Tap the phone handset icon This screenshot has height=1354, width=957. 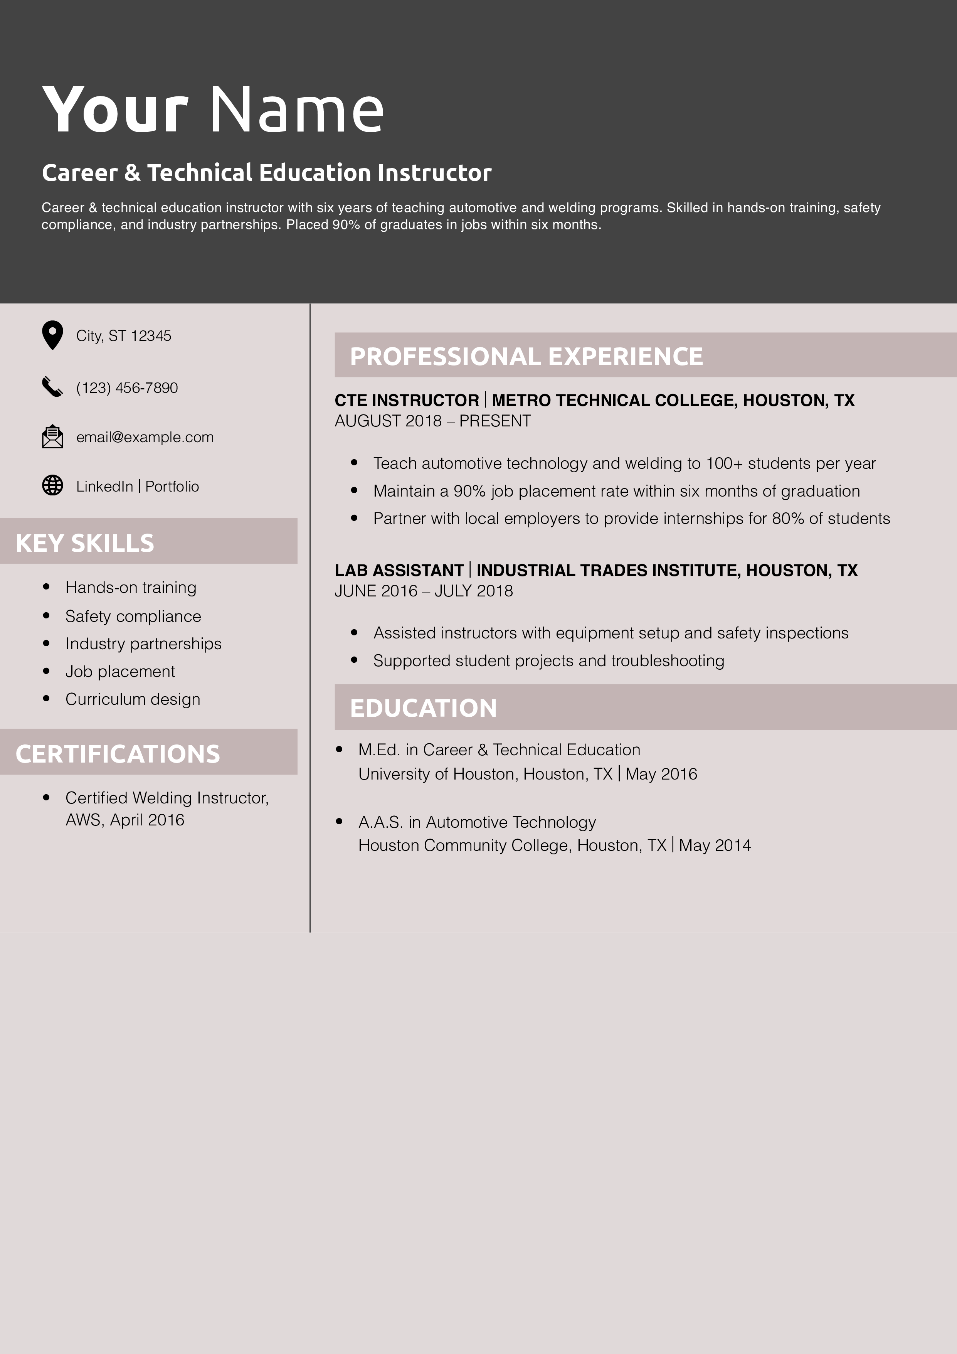coord(52,386)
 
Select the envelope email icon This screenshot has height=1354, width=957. coord(52,436)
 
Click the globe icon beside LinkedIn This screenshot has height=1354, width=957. coord(52,485)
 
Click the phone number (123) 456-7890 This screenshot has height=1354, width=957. coord(127,387)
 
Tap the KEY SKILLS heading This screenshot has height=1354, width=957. coord(85,542)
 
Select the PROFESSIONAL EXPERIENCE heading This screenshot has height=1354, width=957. coord(526,356)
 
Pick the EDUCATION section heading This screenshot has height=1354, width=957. coord(423,708)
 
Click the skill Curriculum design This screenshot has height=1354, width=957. coord(133,699)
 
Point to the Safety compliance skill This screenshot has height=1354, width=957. coord(133,616)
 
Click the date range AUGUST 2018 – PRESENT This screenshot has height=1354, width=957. coord(433,421)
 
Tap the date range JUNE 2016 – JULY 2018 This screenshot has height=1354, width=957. coord(423,591)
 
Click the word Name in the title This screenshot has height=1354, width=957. coord(297,110)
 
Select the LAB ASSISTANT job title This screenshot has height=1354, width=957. coord(399,570)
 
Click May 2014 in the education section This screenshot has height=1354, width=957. coord(715,845)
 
